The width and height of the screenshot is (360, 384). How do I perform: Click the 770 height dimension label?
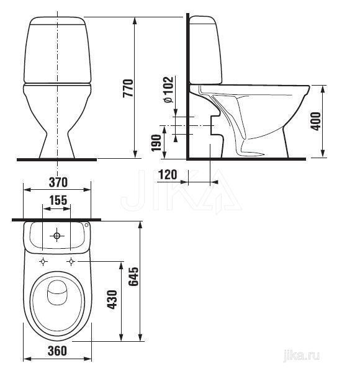tap(128, 88)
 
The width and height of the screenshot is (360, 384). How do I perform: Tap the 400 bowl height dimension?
tap(315, 121)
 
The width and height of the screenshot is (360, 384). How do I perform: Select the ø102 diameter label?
tap(168, 89)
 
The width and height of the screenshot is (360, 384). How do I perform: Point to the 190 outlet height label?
tap(156, 143)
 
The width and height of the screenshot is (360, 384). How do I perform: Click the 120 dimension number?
tap(168, 175)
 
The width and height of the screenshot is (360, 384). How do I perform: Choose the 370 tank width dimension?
tap(58, 182)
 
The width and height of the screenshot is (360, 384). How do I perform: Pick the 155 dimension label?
tap(58, 200)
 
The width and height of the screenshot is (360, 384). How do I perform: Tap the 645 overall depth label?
tap(133, 277)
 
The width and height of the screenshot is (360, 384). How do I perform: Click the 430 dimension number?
tap(112, 300)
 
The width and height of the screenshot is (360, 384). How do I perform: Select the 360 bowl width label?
tap(57, 351)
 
